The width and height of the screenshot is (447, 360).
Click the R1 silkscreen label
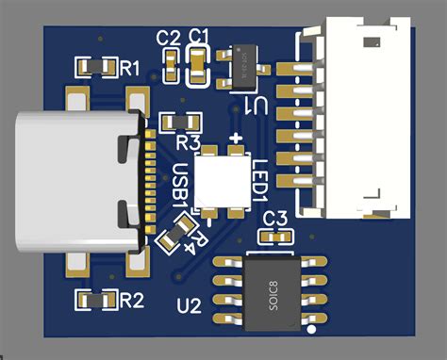[129, 68]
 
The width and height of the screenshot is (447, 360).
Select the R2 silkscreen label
[131, 301]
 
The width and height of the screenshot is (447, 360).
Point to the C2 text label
[169, 39]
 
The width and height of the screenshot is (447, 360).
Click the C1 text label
[199, 37]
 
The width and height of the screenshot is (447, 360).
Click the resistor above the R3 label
[180, 122]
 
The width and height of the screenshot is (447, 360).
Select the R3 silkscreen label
[190, 143]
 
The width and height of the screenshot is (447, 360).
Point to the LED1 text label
[260, 179]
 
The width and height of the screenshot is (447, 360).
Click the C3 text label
[275, 220]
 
